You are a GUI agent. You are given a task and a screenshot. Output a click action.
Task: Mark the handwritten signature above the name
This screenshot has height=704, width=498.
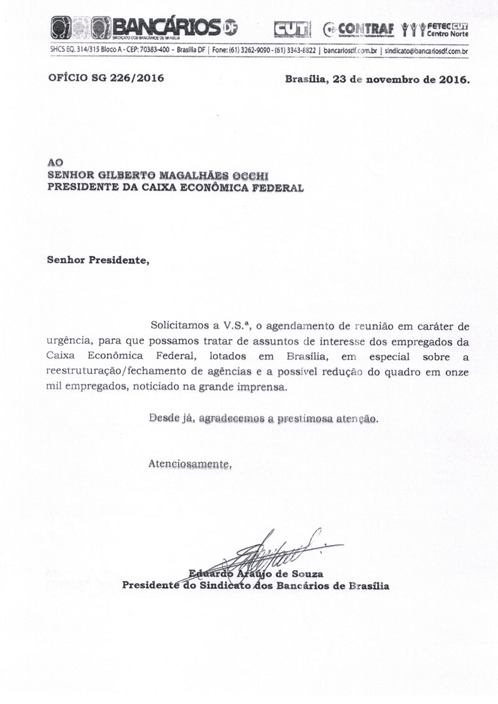click(x=274, y=548)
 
